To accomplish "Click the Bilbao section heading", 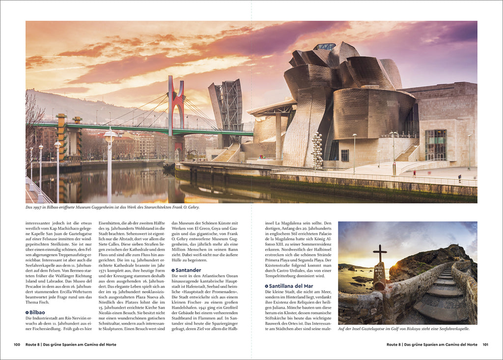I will pos(37,312).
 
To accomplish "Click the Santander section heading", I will pos(189,270).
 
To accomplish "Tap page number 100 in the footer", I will pos(17,344).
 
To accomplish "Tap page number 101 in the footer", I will pos(486,344).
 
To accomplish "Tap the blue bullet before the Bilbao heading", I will pos(27,312).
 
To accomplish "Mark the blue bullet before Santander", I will pos(173,271).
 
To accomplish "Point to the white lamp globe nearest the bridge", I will pos(110,134).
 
